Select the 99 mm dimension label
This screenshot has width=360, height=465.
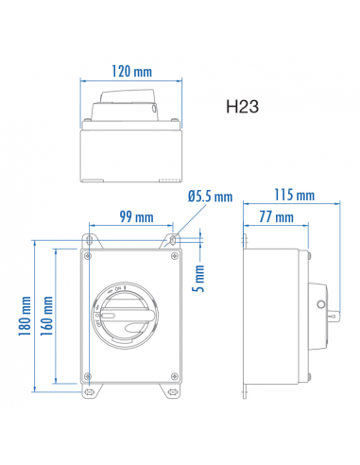point(137,216)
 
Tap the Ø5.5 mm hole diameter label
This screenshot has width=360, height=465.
point(210,197)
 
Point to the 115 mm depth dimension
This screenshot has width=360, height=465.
point(297,196)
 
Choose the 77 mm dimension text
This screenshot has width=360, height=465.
point(276,217)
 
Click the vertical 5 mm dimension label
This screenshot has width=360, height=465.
point(200,277)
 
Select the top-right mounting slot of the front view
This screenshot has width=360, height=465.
point(174,237)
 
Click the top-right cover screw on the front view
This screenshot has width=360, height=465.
point(168,255)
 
